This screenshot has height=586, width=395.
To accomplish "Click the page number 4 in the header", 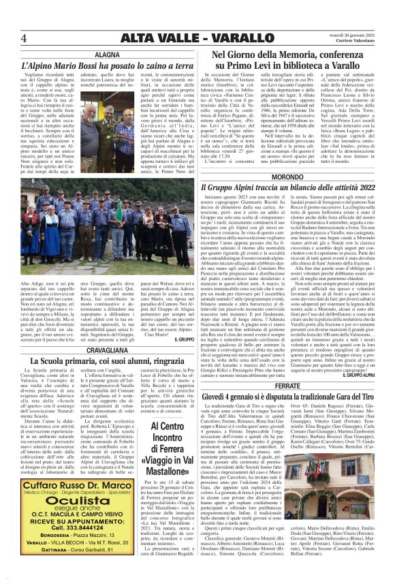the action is pyautogui.click(x=25, y=37).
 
